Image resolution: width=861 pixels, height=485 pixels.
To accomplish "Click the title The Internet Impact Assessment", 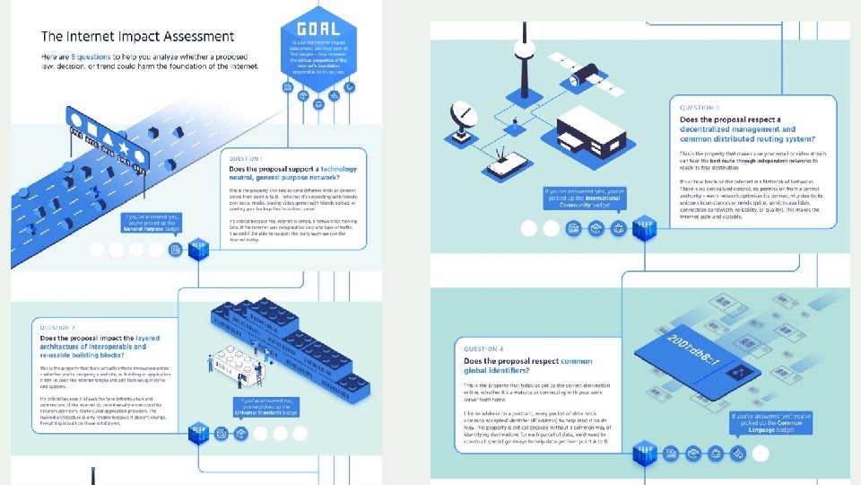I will [x=137, y=37].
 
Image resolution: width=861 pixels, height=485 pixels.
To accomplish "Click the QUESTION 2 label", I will [x=57, y=328].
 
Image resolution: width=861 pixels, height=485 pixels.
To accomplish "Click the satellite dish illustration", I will [x=469, y=119].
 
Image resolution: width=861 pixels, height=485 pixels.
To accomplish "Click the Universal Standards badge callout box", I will [x=268, y=406].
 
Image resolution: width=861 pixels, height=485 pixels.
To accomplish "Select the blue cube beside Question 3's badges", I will [x=643, y=229].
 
